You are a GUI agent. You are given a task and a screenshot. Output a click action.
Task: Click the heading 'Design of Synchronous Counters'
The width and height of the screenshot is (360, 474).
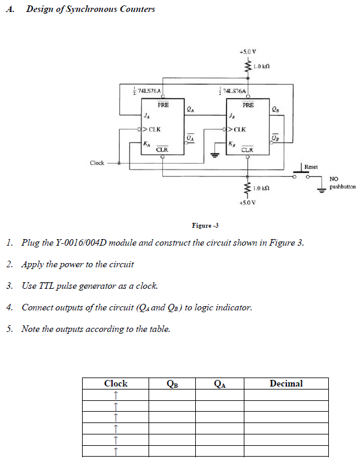[90, 9]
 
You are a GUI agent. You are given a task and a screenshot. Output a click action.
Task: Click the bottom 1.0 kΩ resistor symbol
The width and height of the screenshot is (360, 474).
[246, 188]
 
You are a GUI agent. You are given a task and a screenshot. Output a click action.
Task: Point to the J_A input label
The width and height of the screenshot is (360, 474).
[147, 115]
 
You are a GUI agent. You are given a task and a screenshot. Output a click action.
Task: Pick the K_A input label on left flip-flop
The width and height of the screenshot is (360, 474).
[147, 143]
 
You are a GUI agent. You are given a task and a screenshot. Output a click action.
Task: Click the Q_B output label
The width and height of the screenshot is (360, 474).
[275, 109]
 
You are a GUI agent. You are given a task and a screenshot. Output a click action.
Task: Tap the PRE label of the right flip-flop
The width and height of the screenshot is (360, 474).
[248, 105]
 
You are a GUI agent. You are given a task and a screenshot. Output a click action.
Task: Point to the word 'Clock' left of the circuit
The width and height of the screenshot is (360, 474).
[97, 163]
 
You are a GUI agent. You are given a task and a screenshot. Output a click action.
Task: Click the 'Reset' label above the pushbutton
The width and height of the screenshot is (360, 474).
[311, 167]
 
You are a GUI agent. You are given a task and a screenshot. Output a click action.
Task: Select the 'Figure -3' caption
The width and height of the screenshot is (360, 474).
[205, 225]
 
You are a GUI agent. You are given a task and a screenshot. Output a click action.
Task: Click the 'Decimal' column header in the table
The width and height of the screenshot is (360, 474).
[286, 384]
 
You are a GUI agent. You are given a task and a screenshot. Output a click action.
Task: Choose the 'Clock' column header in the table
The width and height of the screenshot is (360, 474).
[116, 384]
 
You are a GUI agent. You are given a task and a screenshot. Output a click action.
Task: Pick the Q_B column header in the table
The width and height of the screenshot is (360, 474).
[172, 384]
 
